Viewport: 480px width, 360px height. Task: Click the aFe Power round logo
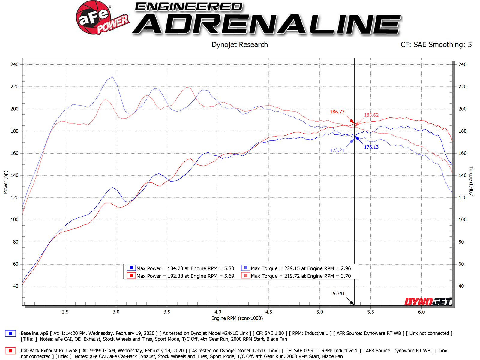point(94,17)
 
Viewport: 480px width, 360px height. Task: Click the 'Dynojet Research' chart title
point(240,45)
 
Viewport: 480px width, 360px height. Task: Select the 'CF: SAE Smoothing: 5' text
point(436,45)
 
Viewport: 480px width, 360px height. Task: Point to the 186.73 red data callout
point(337,112)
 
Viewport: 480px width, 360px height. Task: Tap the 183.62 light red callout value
point(371,115)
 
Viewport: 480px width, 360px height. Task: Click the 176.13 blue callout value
point(371,147)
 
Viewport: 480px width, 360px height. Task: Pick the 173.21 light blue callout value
point(337,150)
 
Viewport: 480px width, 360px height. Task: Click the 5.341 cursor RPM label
point(338,293)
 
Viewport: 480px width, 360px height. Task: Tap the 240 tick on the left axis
point(14,64)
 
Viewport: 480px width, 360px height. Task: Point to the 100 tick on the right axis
point(462,220)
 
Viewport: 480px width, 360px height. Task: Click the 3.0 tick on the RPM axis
point(116,312)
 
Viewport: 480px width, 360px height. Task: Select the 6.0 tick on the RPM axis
point(421,312)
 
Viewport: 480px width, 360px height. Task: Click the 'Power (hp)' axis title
point(6,182)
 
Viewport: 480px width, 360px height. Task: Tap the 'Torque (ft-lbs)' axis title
point(471,181)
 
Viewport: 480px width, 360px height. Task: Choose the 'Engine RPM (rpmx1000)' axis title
point(237,318)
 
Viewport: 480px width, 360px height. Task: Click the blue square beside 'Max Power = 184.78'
point(131,268)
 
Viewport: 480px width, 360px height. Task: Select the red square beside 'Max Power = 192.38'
point(131,275)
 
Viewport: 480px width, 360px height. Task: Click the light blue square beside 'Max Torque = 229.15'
point(246,268)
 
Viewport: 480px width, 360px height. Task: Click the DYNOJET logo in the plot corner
point(428,301)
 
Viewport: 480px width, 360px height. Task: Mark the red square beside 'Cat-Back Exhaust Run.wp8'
point(10,351)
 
